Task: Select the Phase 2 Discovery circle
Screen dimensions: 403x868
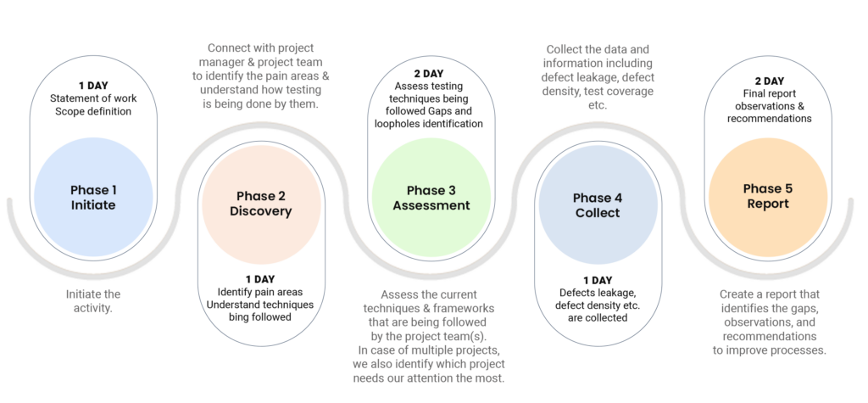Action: pyautogui.click(x=259, y=204)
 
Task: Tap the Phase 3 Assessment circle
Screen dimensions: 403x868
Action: pyautogui.click(x=431, y=198)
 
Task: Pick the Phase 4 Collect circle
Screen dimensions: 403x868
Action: pyautogui.click(x=598, y=204)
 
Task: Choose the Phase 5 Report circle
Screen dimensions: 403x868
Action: pyautogui.click(x=767, y=196)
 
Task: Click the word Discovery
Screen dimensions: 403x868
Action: pyautogui.click(x=259, y=211)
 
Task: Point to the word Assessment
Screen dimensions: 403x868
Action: pyautogui.click(x=431, y=205)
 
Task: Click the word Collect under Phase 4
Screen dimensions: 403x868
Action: pyautogui.click(x=598, y=213)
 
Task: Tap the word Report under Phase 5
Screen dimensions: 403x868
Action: pyautogui.click(x=767, y=204)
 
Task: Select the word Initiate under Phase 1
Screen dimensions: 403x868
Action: pyautogui.click(x=93, y=206)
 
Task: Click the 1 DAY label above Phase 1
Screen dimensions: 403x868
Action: pyautogui.click(x=93, y=86)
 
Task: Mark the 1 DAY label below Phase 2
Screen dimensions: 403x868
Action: pyautogui.click(x=260, y=279)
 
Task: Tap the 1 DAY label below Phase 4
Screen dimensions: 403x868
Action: pyautogui.click(x=598, y=280)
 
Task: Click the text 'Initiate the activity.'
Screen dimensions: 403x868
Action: pyautogui.click(x=93, y=301)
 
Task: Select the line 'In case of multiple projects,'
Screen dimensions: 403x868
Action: pyautogui.click(x=432, y=350)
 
